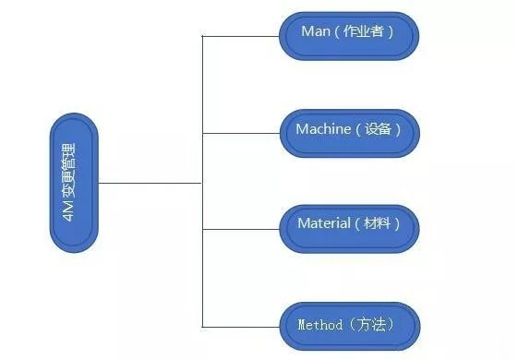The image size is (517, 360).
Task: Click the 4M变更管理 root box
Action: (75, 184)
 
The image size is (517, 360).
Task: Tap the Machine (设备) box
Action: (349, 132)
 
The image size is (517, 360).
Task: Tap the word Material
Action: (324, 223)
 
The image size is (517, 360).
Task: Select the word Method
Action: (319, 325)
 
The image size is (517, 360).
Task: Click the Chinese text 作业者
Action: (367, 31)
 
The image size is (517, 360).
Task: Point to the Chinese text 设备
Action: (378, 129)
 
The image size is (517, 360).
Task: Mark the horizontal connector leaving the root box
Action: (148, 183)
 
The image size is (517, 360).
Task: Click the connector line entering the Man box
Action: (240, 37)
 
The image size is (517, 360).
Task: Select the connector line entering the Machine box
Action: (240, 133)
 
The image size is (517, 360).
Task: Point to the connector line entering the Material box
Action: (240, 229)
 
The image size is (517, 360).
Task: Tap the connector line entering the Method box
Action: (240, 325)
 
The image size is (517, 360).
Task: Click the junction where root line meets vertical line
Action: (201, 183)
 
